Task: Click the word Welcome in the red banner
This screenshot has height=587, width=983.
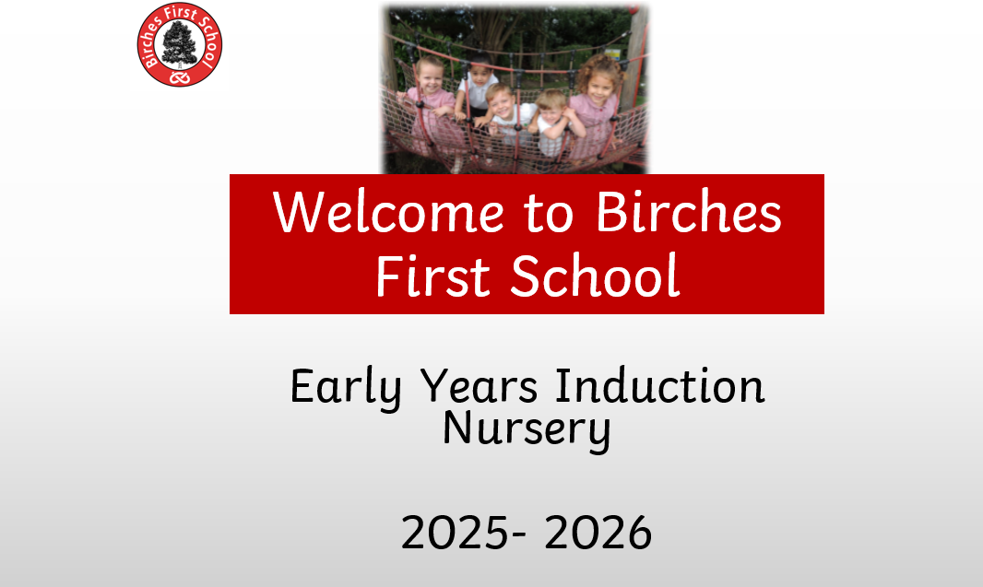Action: pyautogui.click(x=388, y=212)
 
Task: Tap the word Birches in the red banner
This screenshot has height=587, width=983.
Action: pyautogui.click(x=688, y=212)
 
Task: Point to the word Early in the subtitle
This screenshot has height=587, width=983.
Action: pyautogui.click(x=346, y=388)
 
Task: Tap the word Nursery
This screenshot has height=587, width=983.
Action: pyautogui.click(x=526, y=430)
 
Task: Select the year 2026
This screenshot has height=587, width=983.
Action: pyautogui.click(x=598, y=534)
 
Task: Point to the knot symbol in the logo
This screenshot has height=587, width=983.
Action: pyautogui.click(x=179, y=77)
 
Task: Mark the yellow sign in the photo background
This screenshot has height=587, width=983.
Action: pyautogui.click(x=613, y=53)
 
